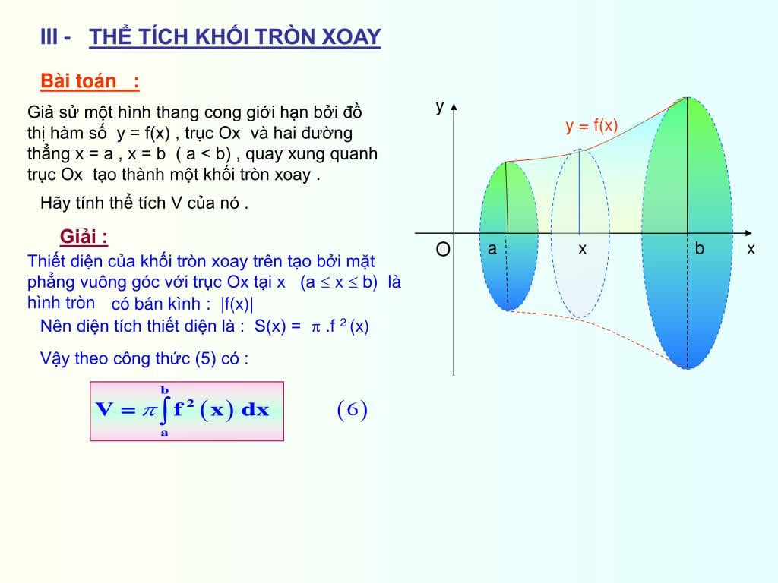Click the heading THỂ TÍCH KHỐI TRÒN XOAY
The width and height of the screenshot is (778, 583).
click(235, 37)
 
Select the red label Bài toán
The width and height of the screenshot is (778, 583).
click(79, 81)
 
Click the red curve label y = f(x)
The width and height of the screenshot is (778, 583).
click(592, 126)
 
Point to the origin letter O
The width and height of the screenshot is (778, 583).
click(442, 250)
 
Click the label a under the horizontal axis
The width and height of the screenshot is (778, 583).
click(492, 248)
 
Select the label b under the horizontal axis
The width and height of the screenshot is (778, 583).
click(700, 248)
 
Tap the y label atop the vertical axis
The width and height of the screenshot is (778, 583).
click(439, 106)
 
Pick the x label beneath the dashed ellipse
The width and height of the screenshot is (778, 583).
click(582, 248)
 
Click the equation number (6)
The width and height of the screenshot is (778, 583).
click(352, 411)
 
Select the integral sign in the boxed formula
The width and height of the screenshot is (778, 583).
click(164, 411)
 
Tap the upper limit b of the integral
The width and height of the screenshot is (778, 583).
click(164, 390)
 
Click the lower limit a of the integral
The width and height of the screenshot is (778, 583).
click(164, 433)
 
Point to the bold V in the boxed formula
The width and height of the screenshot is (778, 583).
click(103, 411)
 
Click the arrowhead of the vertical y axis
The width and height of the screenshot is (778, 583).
click(454, 107)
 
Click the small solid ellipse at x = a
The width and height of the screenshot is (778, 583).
click(508, 235)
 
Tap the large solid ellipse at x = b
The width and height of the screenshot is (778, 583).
click(687, 233)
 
